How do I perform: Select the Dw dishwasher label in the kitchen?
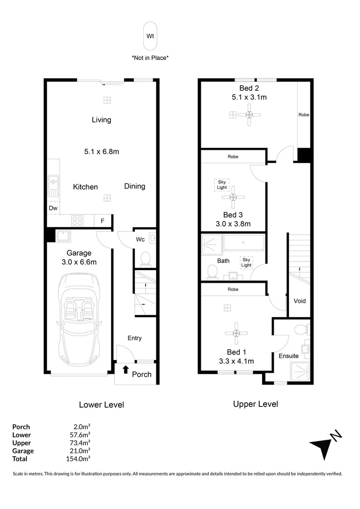(x=52, y=207)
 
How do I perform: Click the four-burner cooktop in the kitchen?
(x=77, y=220)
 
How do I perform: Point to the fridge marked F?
(x=102, y=220)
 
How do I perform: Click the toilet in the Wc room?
(x=146, y=259)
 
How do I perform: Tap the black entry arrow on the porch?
(x=125, y=370)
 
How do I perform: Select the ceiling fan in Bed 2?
(x=249, y=115)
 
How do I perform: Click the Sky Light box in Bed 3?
(x=221, y=184)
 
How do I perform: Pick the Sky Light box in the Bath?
(x=246, y=262)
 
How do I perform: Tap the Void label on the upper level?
(x=299, y=301)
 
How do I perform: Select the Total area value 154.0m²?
(x=78, y=459)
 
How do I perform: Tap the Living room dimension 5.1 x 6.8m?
(x=101, y=152)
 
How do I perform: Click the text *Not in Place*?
(x=150, y=58)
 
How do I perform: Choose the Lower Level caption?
(x=101, y=404)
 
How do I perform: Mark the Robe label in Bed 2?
(x=304, y=115)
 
